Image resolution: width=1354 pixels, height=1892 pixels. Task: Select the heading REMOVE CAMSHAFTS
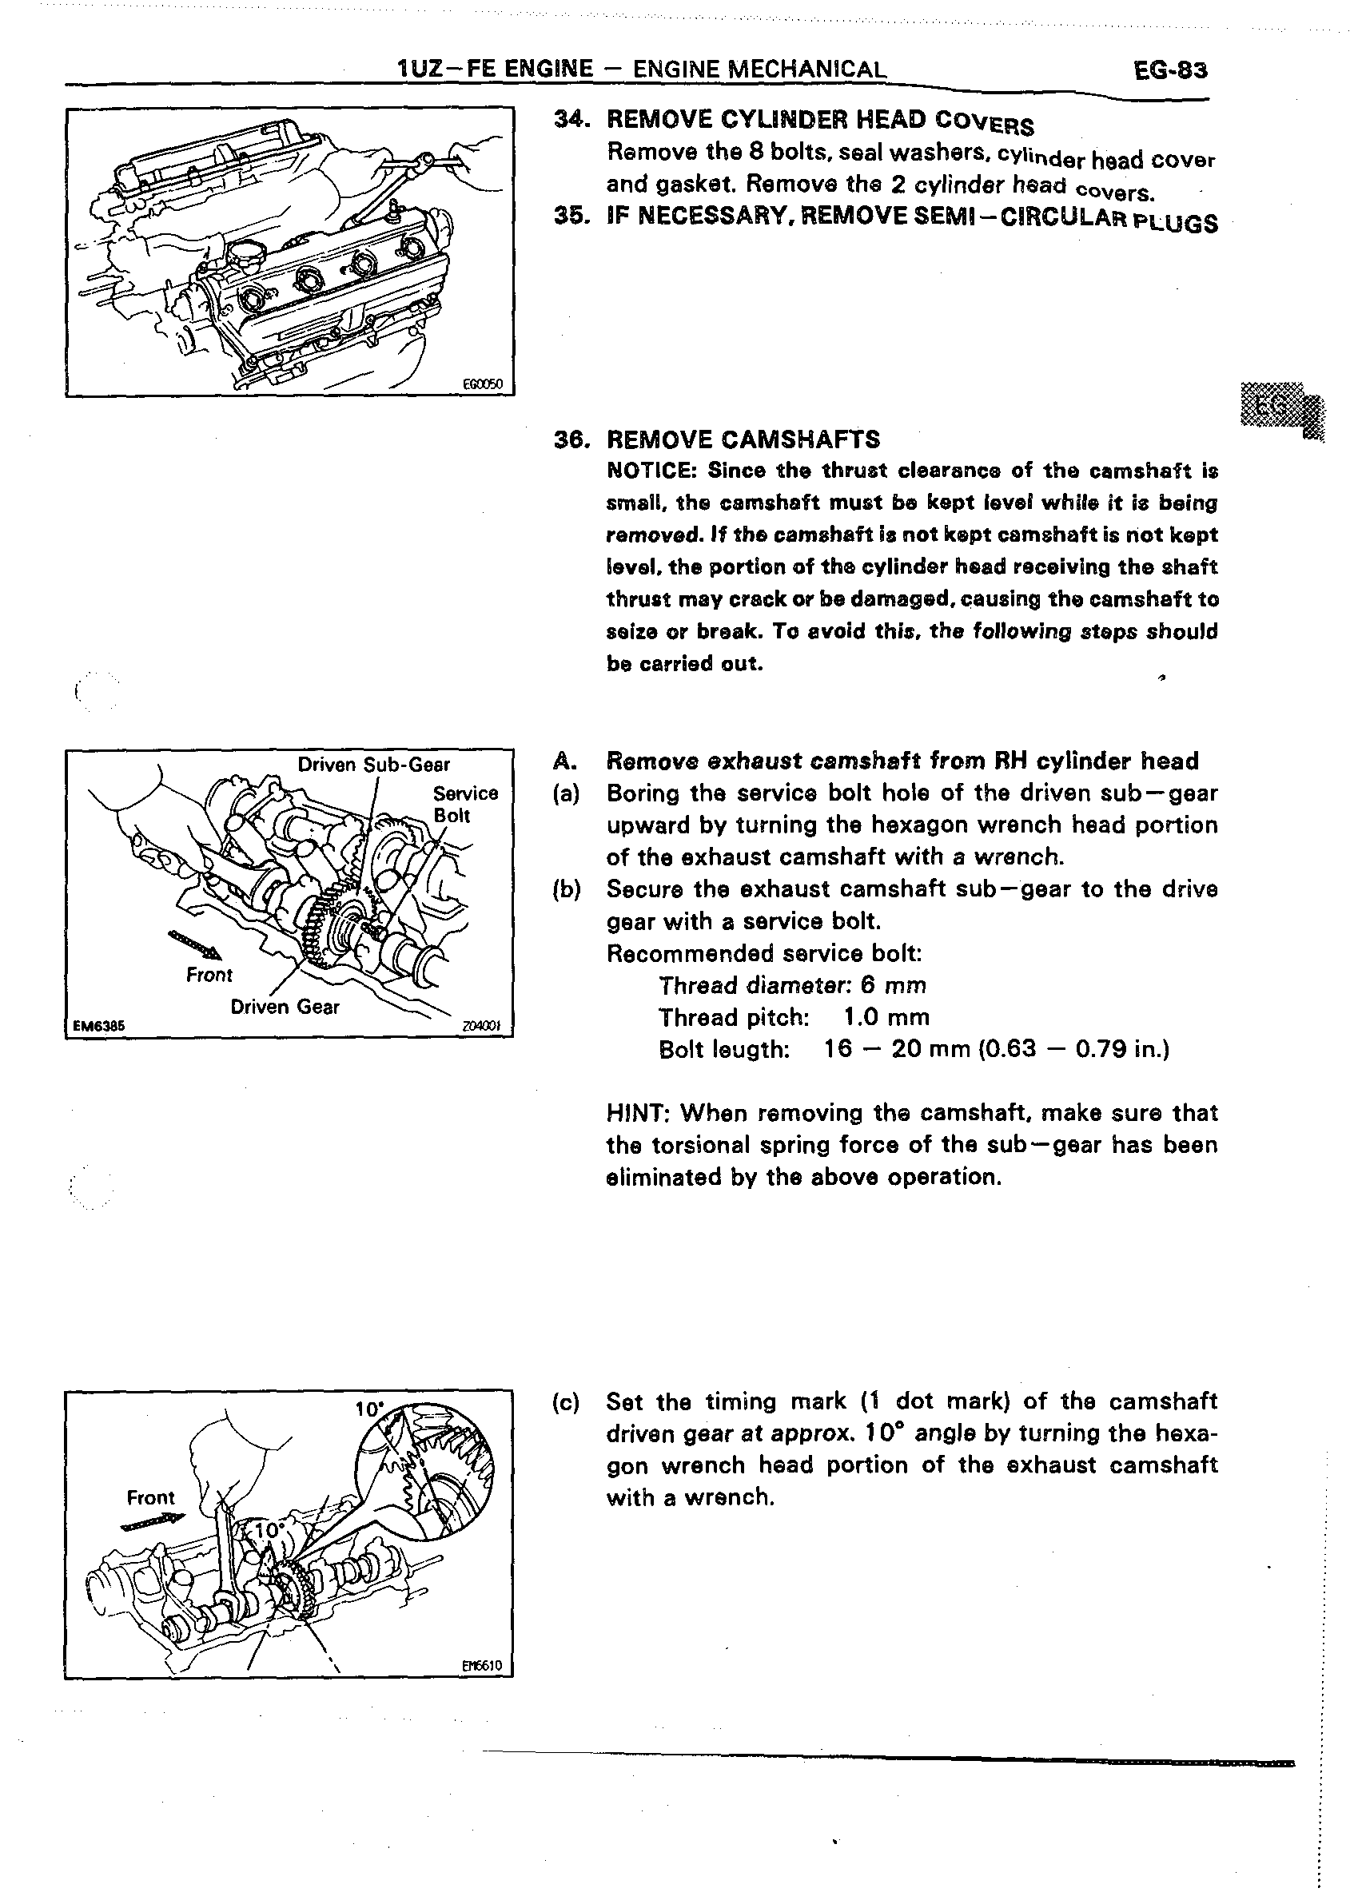pos(743,439)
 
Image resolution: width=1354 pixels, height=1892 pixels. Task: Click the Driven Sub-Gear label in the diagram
pos(373,765)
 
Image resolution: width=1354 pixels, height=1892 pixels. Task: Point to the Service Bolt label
pos(464,804)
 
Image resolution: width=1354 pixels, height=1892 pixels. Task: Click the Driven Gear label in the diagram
pos(285,1007)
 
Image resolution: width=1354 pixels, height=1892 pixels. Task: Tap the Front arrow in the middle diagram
pos(196,948)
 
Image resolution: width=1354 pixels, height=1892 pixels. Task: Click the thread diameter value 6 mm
pos(893,985)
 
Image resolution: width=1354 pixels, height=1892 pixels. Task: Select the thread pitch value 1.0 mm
pos(886,1017)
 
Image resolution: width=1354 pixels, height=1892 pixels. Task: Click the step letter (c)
pos(566,1402)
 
